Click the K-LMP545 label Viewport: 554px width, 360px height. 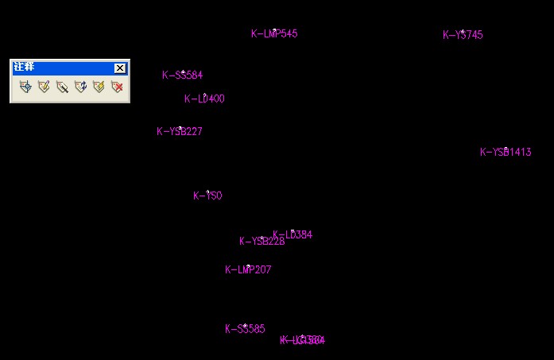tap(274, 34)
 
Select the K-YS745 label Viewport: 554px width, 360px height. tap(463, 35)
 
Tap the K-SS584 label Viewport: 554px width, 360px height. tap(182, 75)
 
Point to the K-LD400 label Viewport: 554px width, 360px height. tap(204, 99)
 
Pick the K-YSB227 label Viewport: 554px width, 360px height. tap(180, 132)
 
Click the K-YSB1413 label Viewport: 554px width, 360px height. tap(506, 153)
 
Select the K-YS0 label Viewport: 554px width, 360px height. tap(207, 196)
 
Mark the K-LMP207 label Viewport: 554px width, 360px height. tap(248, 270)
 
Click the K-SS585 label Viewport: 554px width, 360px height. tap(245, 329)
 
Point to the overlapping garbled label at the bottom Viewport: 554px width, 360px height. tap(303, 341)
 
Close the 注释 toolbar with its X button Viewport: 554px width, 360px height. tap(120, 68)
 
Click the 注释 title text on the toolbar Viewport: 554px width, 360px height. tap(25, 68)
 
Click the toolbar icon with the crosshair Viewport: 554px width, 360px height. tap(25, 87)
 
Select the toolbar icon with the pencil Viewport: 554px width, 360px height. tap(44, 87)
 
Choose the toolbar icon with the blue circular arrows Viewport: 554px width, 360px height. tap(80, 87)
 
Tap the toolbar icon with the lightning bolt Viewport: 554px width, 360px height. tap(99, 87)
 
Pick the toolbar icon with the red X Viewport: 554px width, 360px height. tap(117, 87)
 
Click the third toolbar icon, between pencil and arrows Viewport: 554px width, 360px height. tap(62, 87)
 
